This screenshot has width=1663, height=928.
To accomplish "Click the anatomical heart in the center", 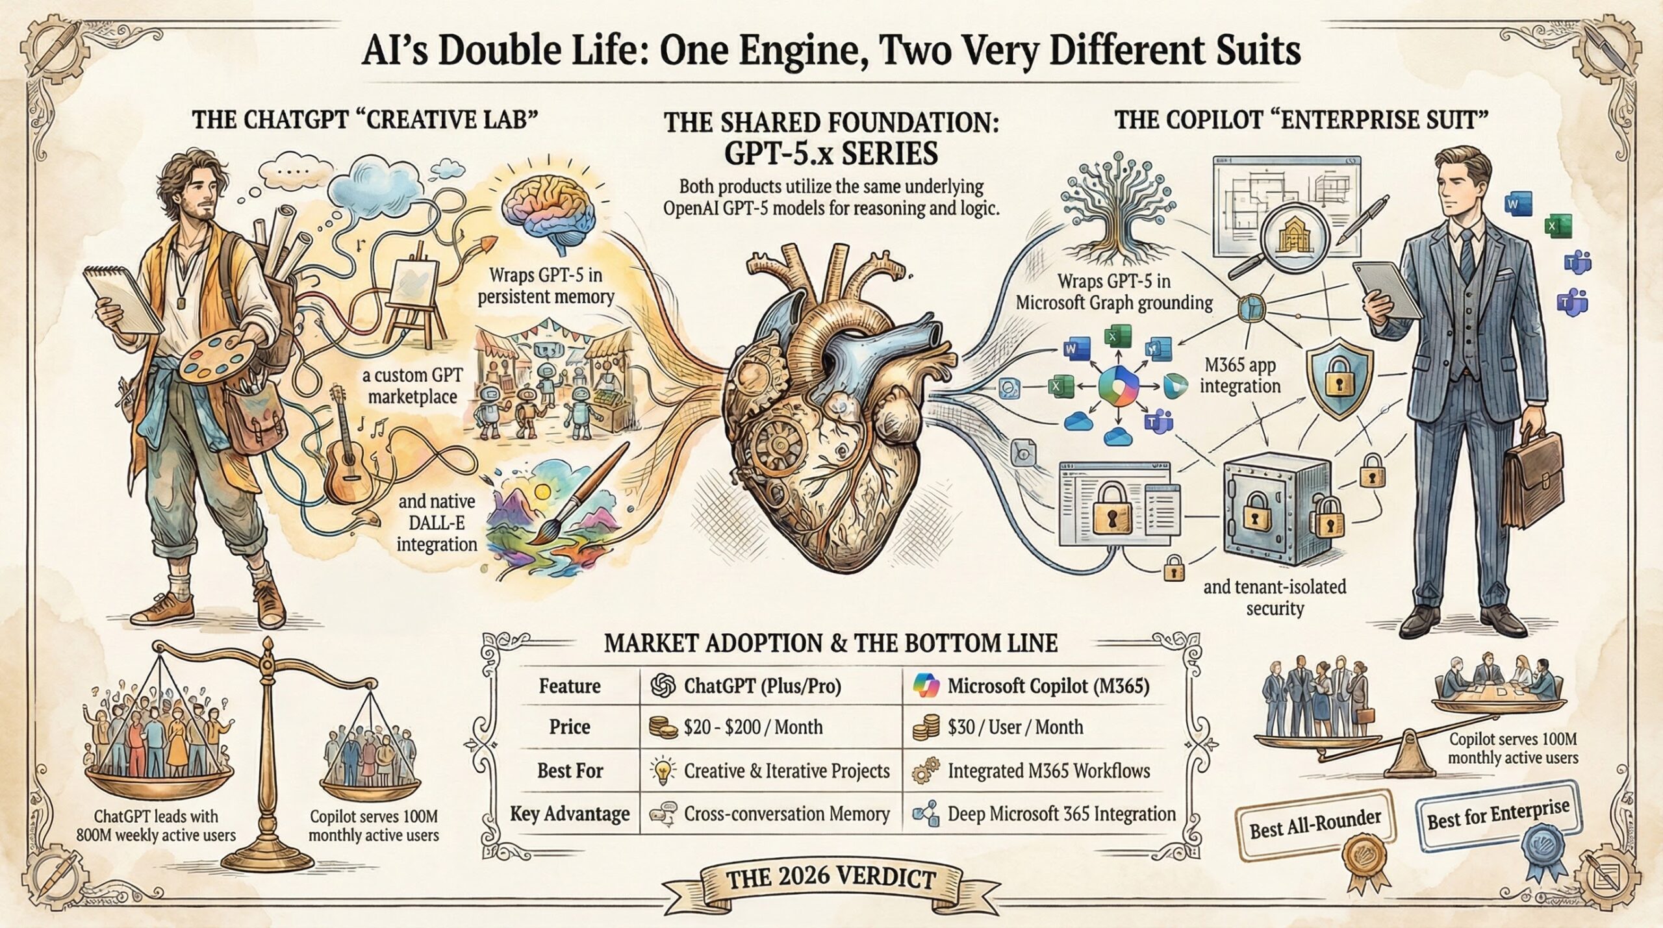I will point(838,403).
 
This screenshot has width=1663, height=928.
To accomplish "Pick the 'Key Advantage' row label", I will point(570,814).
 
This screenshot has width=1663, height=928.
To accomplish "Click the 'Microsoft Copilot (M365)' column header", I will point(1047,686).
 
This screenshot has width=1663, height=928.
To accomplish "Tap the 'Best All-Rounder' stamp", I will point(1315,825).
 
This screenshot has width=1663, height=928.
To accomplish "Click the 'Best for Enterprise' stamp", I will point(1498,815).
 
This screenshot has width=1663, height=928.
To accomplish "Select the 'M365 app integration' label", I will point(1239,375).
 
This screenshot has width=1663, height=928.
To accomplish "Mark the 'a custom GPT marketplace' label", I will point(413,386).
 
